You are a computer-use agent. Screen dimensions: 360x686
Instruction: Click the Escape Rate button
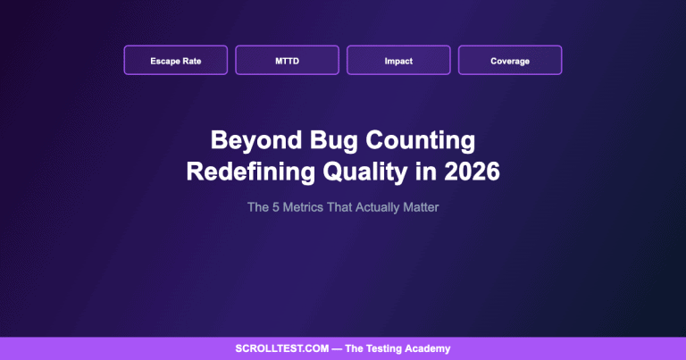click(175, 61)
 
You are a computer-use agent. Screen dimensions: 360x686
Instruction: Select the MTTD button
click(287, 61)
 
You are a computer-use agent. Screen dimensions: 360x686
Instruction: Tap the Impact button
click(398, 61)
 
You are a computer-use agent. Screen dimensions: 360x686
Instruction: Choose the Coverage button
click(510, 61)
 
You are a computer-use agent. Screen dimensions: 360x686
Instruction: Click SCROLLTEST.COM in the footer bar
click(283, 349)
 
